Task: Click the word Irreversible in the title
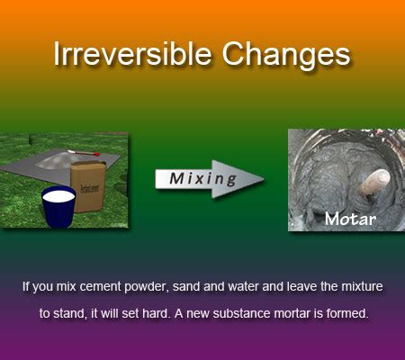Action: click(132, 54)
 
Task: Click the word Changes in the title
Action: click(286, 56)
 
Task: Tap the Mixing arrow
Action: click(210, 179)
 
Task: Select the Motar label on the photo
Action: click(350, 219)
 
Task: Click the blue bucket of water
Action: click(58, 207)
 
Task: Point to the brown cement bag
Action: click(88, 186)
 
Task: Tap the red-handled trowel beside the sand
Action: click(84, 153)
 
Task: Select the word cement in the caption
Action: click(101, 287)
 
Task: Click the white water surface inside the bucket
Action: click(58, 196)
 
